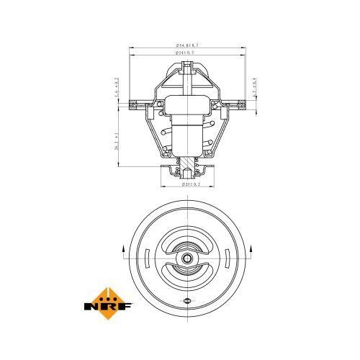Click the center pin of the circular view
(x=187, y=258)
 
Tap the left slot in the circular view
(x=147, y=257)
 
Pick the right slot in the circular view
(x=228, y=257)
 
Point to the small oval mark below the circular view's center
(x=187, y=300)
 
